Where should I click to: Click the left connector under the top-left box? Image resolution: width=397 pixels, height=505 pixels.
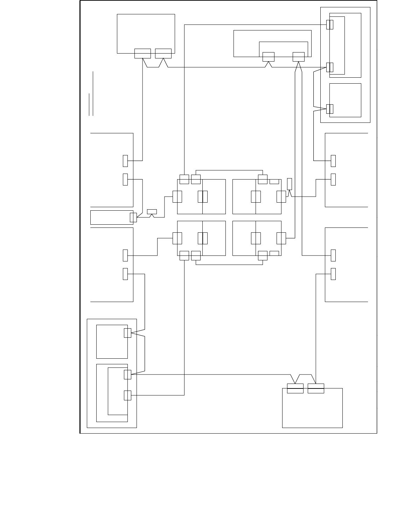pyautogui.click(x=142, y=54)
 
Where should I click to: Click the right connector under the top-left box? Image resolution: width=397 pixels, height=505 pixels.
pyautogui.click(x=163, y=54)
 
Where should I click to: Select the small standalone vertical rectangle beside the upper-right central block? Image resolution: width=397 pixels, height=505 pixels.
pyautogui.click(x=289, y=184)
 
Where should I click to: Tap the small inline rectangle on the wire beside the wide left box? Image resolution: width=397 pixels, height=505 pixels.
pyautogui.click(x=152, y=211)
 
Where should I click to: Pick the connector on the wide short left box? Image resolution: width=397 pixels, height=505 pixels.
pyautogui.click(x=133, y=217)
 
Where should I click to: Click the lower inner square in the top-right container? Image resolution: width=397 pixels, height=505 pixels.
pyautogui.click(x=345, y=100)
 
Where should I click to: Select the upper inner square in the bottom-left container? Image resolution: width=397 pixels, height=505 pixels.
pyautogui.click(x=112, y=342)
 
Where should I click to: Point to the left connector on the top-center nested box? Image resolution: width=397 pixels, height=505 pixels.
pyautogui.click(x=268, y=57)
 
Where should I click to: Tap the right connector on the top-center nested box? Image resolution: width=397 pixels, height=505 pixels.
pyautogui.click(x=298, y=57)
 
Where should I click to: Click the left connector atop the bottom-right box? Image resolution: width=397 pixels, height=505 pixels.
pyautogui.click(x=295, y=388)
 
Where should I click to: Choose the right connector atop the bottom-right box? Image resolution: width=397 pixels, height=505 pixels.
pyautogui.click(x=316, y=388)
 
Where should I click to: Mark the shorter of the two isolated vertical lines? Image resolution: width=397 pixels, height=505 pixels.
pyautogui.click(x=89, y=104)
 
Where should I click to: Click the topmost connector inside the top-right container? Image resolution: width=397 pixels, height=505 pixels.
pyautogui.click(x=329, y=24)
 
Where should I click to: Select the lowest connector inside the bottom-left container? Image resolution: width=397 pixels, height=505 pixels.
pyautogui.click(x=127, y=395)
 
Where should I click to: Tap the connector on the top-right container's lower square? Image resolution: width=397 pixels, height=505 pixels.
pyautogui.click(x=329, y=109)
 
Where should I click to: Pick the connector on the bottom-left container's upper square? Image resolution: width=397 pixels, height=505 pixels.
pyautogui.click(x=127, y=333)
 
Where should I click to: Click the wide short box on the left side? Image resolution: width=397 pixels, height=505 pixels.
pyautogui.click(x=111, y=217)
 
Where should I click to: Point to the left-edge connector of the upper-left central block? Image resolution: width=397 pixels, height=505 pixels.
pyautogui.click(x=177, y=197)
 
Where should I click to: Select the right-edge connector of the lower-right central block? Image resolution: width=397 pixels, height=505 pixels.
pyautogui.click(x=281, y=238)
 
